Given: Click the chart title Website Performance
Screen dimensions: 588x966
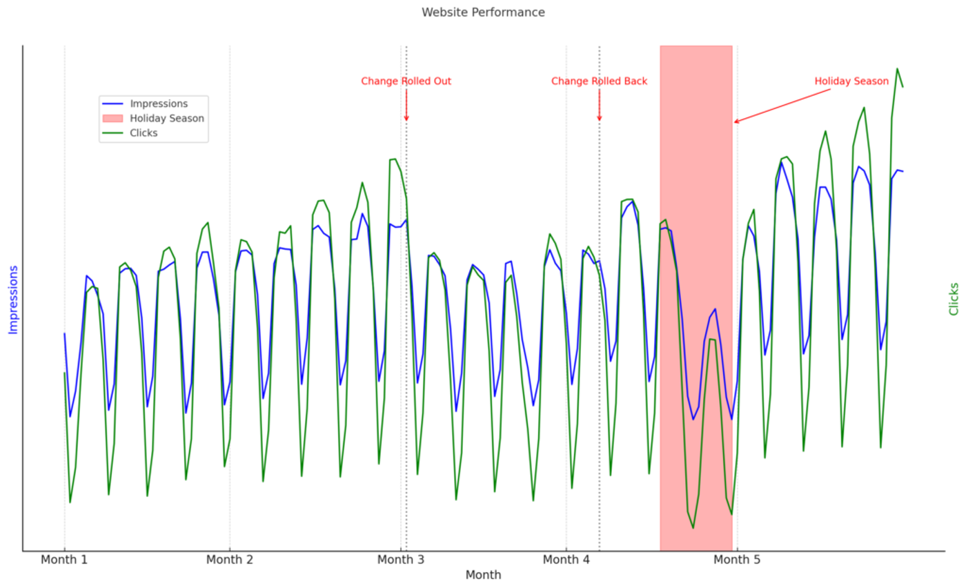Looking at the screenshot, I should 483,12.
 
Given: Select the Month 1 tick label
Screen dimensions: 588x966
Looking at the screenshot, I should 64,559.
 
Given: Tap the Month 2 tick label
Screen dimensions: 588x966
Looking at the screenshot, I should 230,559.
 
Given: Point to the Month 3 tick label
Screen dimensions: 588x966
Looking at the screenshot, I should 401,559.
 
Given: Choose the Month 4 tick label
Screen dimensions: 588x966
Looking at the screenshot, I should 566,559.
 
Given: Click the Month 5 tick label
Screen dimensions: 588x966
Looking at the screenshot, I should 737,559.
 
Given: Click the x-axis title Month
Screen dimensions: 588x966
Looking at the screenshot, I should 483,575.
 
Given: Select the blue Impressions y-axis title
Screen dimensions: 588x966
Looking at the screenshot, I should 13,300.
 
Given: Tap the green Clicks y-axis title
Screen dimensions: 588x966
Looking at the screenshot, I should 954,299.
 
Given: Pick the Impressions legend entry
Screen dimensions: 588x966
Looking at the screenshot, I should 159,104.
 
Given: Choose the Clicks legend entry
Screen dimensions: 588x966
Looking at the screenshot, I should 144,133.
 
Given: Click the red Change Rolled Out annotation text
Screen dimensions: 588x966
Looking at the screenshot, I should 406,81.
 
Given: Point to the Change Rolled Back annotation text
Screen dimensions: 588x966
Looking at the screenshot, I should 599,81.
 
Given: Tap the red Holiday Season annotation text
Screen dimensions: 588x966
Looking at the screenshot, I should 851,81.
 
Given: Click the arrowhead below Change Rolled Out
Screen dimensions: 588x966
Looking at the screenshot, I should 406,119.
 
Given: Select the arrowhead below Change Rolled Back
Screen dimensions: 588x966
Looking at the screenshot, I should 599,119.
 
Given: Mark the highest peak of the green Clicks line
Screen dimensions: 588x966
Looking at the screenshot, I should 897,68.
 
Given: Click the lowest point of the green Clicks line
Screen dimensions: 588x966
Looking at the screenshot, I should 693,529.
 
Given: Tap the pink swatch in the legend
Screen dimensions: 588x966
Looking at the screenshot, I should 112,118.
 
